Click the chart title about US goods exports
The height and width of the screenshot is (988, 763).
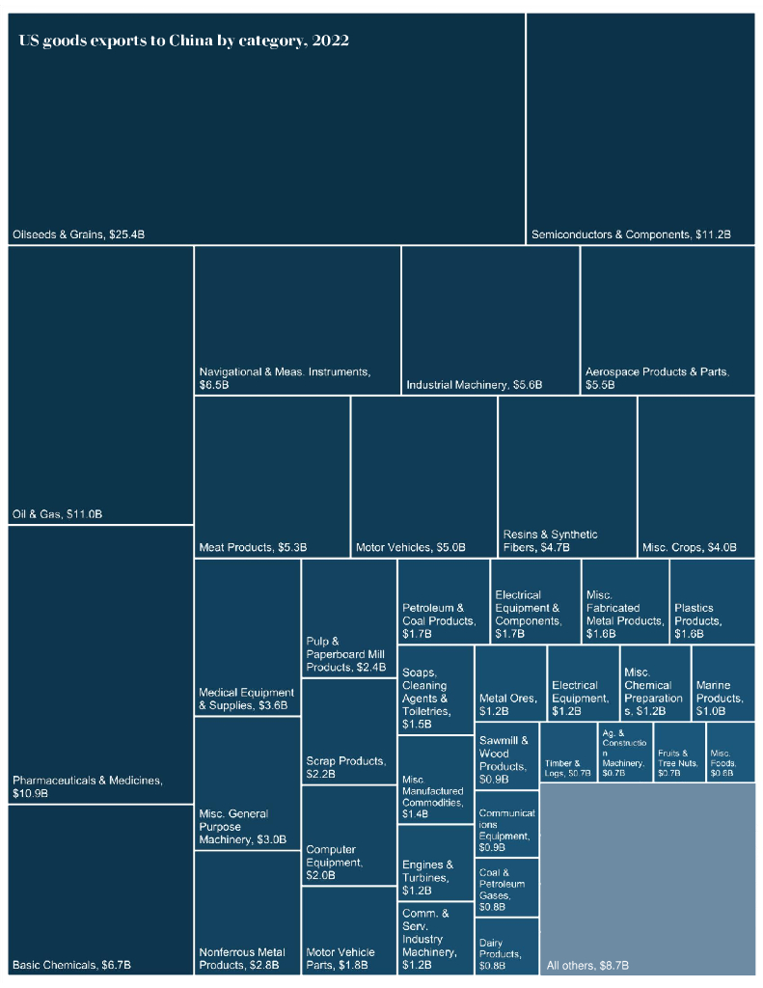point(183,41)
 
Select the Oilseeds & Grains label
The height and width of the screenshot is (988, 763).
point(78,234)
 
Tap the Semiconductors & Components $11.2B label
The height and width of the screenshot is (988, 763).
point(631,234)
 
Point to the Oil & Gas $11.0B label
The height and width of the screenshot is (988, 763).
point(57,514)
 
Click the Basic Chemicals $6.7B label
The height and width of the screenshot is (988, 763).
point(71,965)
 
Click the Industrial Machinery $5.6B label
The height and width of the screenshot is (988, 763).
point(474,385)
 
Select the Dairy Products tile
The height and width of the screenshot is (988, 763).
point(506,946)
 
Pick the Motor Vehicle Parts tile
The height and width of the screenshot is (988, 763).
point(348,931)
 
